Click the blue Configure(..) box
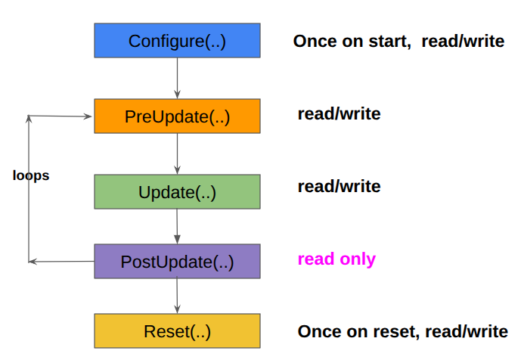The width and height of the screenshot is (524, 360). (177, 40)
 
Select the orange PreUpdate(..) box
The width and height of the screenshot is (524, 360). (177, 116)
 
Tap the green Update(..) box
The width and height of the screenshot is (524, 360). (177, 192)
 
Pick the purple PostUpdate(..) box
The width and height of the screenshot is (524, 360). (177, 262)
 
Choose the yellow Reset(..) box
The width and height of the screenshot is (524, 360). (177, 331)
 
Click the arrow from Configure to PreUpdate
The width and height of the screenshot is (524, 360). (177, 78)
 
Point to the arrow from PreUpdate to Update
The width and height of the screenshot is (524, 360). (177, 154)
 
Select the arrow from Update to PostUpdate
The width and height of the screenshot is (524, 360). (177, 226)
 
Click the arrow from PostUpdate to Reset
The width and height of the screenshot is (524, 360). (177, 296)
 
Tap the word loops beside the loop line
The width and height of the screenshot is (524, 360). (31, 175)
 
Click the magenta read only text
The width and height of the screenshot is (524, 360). (336, 259)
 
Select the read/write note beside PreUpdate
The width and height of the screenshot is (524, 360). (339, 114)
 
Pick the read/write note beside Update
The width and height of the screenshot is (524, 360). (339, 186)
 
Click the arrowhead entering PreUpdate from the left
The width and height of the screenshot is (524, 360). (88, 116)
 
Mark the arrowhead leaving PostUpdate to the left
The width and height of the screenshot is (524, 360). (33, 262)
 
